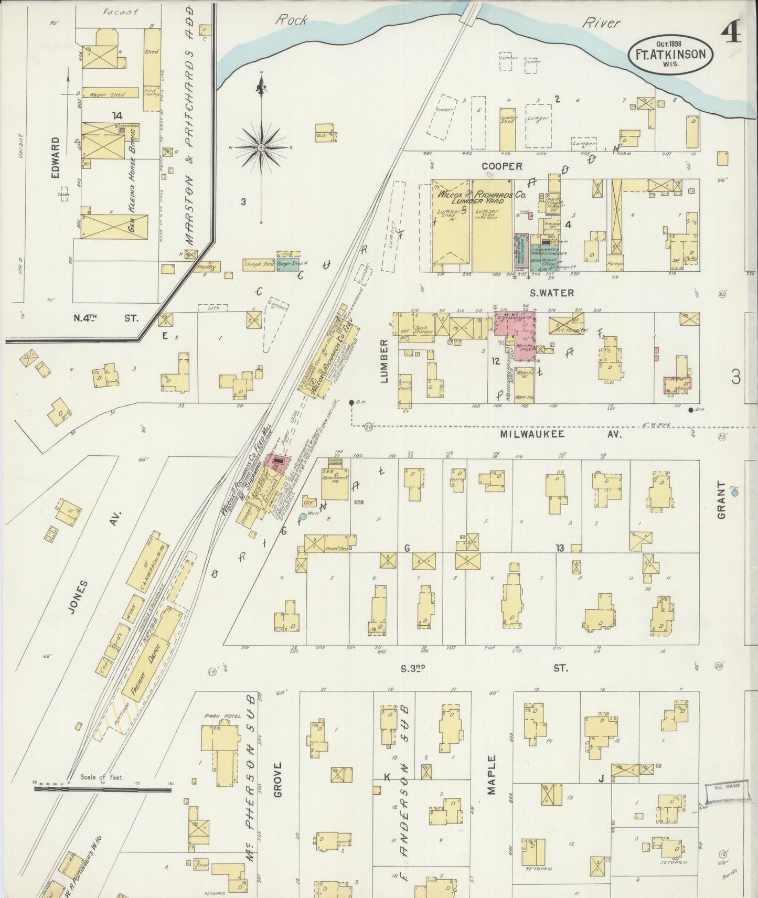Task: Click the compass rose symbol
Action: pos(261,148)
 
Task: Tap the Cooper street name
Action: pos(502,166)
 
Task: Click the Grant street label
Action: pos(722,501)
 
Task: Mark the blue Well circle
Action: pos(303,516)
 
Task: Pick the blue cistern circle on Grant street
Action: pos(735,493)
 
